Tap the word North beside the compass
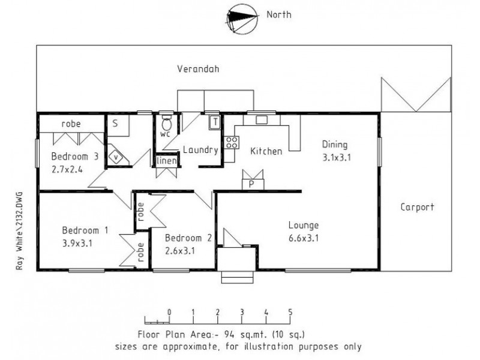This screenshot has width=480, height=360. point(279,15)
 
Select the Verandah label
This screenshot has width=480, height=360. point(198,69)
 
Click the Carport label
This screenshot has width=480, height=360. point(418,207)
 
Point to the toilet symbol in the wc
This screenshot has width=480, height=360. point(166,124)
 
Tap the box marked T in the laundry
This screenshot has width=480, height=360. point(214,122)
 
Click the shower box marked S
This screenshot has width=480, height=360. point(116,122)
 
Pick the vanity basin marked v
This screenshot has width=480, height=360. point(116,157)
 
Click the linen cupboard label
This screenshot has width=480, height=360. point(166,161)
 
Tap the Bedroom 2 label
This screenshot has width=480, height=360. point(188,237)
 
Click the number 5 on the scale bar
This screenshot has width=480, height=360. point(290,312)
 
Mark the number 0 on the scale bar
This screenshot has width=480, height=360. point(169,312)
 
